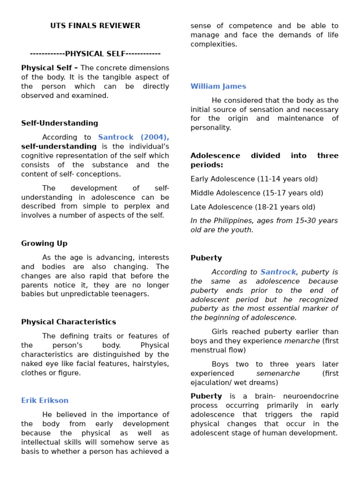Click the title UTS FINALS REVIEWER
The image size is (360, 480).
[95, 26]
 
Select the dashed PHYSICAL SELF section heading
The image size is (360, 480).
[95, 54]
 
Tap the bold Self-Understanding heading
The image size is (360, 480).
[60, 123]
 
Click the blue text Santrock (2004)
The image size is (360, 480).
[133, 137]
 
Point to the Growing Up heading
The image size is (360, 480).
[44, 243]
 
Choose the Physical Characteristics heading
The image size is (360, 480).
[68, 322]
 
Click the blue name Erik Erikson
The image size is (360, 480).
[45, 400]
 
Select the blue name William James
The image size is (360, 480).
[218, 86]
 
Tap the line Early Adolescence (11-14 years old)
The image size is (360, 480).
[254, 179]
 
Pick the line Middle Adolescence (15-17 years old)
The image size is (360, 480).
[256, 193]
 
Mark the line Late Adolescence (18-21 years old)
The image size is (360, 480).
[253, 207]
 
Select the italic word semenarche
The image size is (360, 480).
[278, 374]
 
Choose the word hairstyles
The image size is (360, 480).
[151, 364]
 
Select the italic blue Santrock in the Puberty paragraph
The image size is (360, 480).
[278, 272]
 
